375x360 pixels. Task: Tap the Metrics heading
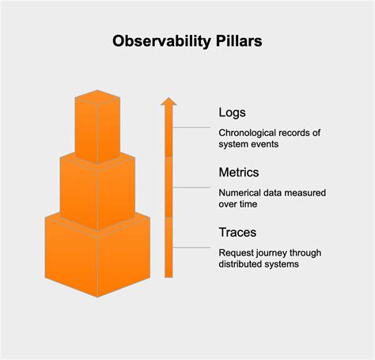[x=238, y=172]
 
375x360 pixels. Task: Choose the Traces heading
[x=237, y=233]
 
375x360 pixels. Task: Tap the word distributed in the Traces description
[x=244, y=264]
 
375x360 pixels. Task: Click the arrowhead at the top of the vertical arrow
[x=168, y=100]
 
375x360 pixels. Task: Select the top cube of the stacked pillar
[x=97, y=131]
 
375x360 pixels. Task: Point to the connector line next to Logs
[x=193, y=127]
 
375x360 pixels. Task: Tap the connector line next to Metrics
[x=193, y=188]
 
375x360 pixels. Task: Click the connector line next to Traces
[x=193, y=248]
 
